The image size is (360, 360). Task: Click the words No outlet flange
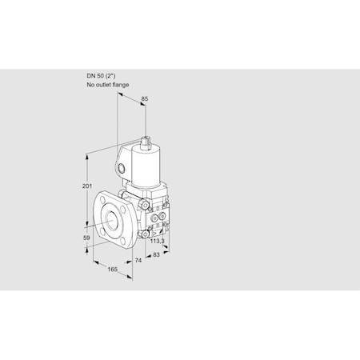click(x=107, y=84)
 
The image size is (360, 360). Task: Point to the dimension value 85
click(x=145, y=99)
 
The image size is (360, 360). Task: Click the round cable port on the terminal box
click(x=121, y=169)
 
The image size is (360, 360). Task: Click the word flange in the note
click(x=120, y=84)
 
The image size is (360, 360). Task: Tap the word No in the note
click(x=90, y=84)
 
